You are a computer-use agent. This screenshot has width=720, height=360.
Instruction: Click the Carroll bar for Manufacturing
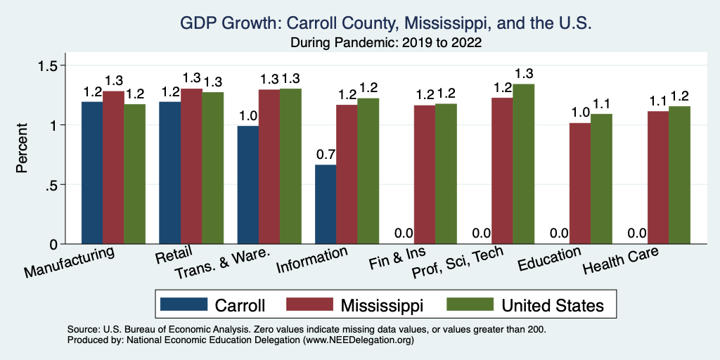coord(92,173)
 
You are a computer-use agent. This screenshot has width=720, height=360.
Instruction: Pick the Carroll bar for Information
coord(326,204)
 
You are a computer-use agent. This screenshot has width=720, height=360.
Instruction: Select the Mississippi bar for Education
coord(580,184)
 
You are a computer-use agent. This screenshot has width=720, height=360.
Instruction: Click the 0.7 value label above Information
coord(326,154)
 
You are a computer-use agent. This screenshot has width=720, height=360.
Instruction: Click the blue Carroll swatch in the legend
coord(184,304)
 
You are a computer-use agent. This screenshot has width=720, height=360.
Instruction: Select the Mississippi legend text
coord(382,305)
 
